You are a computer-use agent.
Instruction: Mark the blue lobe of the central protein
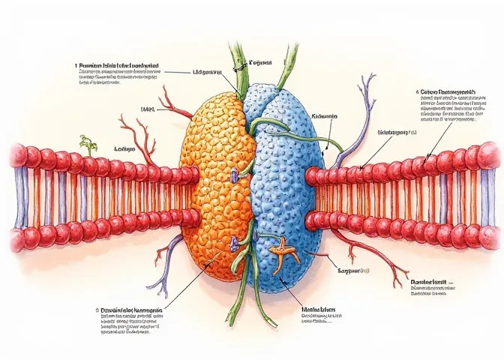(x=289, y=187)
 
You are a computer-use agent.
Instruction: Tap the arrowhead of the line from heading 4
(x=425, y=159)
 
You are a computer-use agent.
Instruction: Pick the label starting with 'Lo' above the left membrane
(x=124, y=149)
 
